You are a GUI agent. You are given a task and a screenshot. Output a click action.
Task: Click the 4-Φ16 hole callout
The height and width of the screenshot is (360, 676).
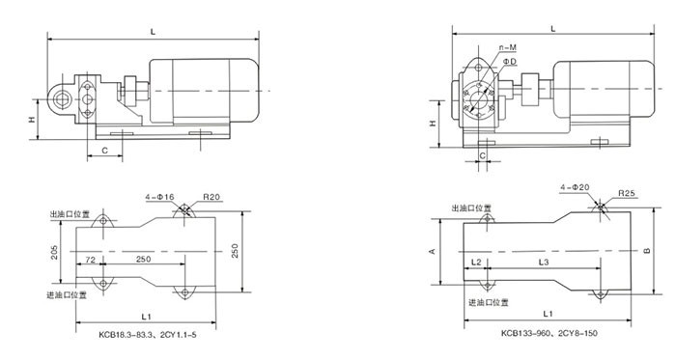[159, 197]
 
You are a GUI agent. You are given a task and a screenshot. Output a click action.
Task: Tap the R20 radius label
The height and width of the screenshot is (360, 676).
[211, 197]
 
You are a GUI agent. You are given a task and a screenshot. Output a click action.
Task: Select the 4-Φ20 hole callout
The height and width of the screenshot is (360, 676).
[575, 187]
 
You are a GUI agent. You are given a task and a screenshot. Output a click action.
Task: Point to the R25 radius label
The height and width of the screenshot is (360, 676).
[627, 193]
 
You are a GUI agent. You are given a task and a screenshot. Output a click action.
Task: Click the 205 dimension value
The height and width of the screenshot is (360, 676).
[54, 252]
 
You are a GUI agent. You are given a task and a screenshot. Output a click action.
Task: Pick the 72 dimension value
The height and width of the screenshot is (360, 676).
[90, 260]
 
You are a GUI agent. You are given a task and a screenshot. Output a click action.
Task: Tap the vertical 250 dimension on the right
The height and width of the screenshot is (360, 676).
[235, 251]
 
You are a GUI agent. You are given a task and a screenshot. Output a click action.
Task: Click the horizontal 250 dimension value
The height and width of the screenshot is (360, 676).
[144, 259]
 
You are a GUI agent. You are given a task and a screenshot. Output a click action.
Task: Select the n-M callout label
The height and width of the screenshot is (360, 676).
[508, 47]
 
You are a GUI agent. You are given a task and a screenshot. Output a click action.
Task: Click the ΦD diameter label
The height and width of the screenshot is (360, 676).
[510, 62]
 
